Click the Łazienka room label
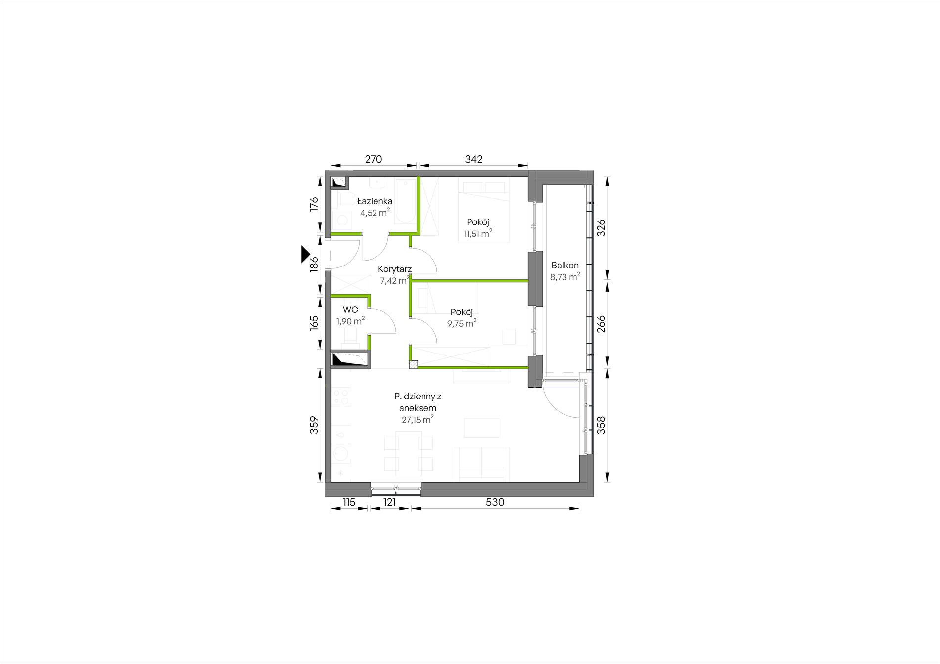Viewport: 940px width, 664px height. (375, 201)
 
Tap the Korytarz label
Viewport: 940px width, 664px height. (395, 269)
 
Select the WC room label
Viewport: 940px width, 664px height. (350, 310)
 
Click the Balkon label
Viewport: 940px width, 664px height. (565, 266)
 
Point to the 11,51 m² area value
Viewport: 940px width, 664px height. (478, 233)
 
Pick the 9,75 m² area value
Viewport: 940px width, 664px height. (462, 323)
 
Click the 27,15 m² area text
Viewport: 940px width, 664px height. (418, 420)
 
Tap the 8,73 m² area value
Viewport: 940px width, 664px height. (565, 277)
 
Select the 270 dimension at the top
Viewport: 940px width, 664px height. (374, 159)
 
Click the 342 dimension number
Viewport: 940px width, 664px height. (473, 159)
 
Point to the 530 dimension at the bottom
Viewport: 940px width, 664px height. (495, 502)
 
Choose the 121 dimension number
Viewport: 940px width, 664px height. (390, 502)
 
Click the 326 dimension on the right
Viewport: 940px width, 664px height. (601, 228)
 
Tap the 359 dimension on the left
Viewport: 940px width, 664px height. (314, 425)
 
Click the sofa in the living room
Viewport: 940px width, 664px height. (482, 464)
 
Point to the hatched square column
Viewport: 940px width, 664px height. (413, 365)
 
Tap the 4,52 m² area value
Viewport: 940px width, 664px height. (375, 213)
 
